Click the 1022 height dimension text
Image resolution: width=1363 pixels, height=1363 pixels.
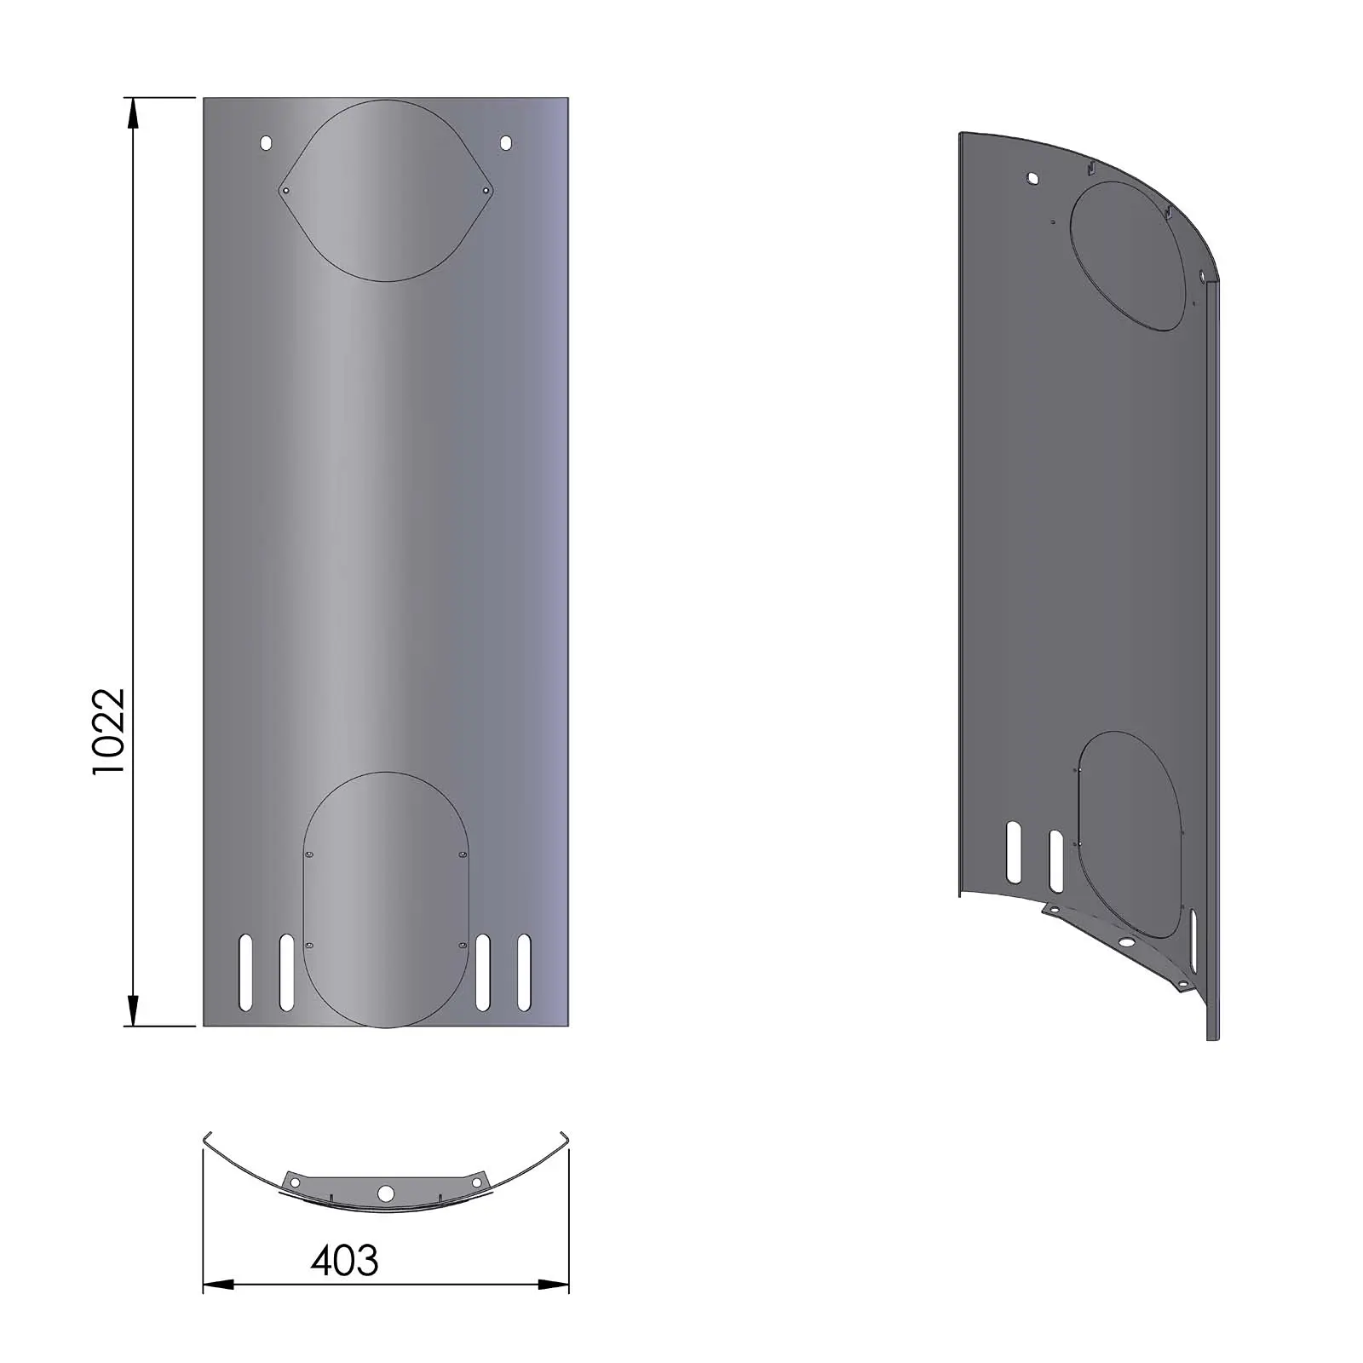click(x=109, y=731)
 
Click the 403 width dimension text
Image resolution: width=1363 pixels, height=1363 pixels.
click(x=344, y=1261)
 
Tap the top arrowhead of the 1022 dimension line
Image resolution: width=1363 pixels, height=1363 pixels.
click(x=133, y=112)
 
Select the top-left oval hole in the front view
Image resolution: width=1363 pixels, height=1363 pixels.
click(x=266, y=143)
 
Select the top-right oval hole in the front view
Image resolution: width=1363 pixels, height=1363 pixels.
click(x=506, y=143)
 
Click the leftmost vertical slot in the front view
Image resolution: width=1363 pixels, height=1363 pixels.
click(x=246, y=972)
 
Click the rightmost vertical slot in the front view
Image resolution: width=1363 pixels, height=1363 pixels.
click(x=524, y=972)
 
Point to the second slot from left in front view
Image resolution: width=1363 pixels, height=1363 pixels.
click(x=286, y=972)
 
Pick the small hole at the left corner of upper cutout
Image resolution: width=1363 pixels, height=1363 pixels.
click(x=286, y=191)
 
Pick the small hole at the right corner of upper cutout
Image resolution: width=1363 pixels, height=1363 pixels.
click(x=486, y=191)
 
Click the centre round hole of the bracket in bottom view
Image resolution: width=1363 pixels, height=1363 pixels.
click(x=386, y=1193)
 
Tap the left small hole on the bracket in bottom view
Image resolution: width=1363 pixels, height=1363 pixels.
click(x=296, y=1183)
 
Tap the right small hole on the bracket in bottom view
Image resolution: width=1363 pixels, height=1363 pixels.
click(x=476, y=1183)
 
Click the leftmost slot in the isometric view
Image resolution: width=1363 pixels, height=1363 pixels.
click(x=1014, y=851)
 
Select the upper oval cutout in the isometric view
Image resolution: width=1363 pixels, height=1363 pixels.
click(x=1126, y=257)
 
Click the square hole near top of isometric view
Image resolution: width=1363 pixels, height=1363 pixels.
click(x=1032, y=179)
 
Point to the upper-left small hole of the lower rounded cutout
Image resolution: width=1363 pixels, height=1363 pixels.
click(x=308, y=854)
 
